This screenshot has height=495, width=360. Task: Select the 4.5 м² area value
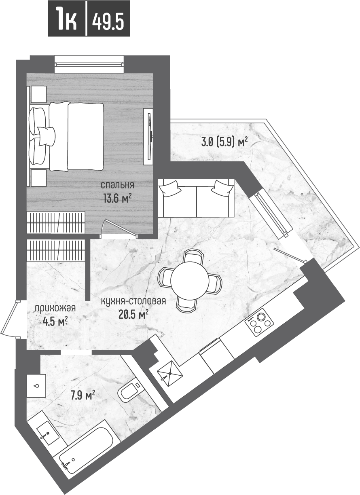coord(55,322)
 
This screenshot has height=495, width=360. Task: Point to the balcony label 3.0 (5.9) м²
coord(224,142)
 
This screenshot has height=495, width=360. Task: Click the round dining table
coord(189,280)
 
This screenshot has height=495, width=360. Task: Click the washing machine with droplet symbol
coord(36,386)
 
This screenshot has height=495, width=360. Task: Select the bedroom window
coord(89,63)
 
